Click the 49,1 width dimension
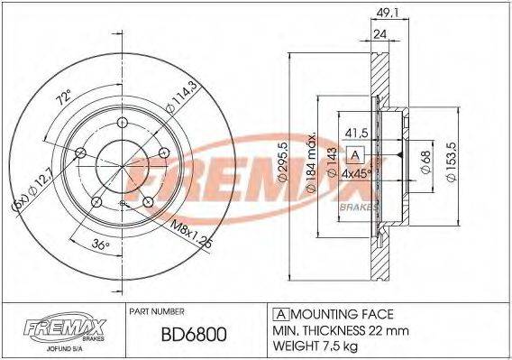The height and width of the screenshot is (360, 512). (x=385, y=12)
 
